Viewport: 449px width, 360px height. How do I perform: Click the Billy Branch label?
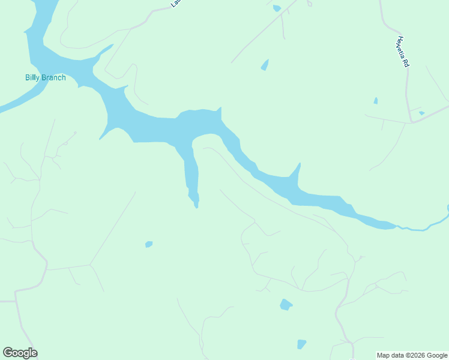[x=46, y=77]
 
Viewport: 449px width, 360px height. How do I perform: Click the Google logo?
[x=20, y=353]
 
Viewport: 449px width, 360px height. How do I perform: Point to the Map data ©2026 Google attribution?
[x=411, y=355]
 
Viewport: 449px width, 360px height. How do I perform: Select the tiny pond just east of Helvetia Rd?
[x=422, y=113]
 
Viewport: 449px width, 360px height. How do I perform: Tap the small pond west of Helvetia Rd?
[x=376, y=101]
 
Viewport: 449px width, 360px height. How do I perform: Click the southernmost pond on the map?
[x=301, y=344]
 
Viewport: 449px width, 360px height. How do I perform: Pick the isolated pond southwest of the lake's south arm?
[x=149, y=244]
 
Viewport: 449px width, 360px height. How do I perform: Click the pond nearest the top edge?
[x=276, y=8]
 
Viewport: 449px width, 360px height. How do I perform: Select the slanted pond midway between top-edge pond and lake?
[x=265, y=65]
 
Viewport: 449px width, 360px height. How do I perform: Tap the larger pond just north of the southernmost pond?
[x=286, y=305]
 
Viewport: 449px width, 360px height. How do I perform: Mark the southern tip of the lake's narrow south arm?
[x=196, y=206]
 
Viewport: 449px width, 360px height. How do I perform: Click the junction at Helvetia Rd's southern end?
[x=412, y=122]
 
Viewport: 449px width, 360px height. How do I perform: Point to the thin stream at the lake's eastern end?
[x=420, y=229]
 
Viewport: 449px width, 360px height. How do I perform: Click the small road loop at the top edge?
[x=309, y=3]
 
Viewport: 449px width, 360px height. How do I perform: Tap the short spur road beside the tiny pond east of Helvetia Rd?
[x=415, y=109]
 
